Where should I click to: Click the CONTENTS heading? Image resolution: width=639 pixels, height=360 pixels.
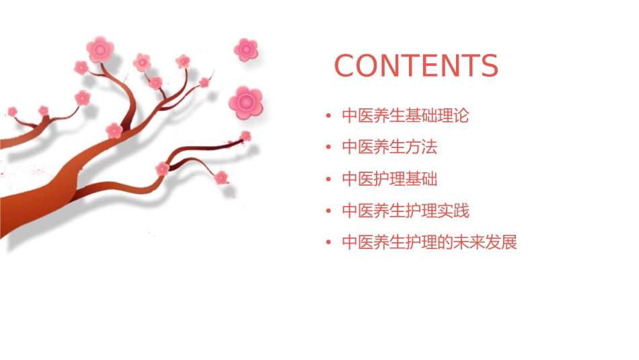tap(416, 66)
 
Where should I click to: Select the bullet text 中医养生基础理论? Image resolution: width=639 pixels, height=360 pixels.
tap(405, 116)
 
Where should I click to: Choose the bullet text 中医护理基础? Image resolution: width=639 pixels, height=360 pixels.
tap(389, 179)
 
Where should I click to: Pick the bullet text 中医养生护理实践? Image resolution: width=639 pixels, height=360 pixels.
tap(405, 211)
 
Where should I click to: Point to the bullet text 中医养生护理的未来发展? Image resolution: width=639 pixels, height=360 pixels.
tap(429, 242)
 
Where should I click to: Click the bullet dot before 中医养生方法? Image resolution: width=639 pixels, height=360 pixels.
tap(328, 147)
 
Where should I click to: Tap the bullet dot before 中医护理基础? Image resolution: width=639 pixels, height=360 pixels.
tap(328, 180)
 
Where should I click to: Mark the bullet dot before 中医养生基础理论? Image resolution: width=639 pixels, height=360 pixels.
tap(328, 116)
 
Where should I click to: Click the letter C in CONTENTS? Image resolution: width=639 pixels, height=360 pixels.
tap(346, 66)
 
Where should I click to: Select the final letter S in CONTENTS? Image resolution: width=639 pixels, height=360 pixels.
tap(488, 66)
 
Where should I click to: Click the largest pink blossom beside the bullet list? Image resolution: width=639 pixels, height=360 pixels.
tap(245, 102)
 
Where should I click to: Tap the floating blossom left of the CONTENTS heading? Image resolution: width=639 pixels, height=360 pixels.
tap(246, 49)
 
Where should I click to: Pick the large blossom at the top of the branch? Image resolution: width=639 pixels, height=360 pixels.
tap(100, 49)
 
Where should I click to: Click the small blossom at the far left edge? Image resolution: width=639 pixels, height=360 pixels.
tap(12, 111)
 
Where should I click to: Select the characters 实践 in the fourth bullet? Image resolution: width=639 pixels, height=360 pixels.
tap(453, 211)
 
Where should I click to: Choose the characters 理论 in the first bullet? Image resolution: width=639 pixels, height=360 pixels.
tap(453, 116)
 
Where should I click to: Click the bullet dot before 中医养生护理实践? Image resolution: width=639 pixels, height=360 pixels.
tap(328, 211)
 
